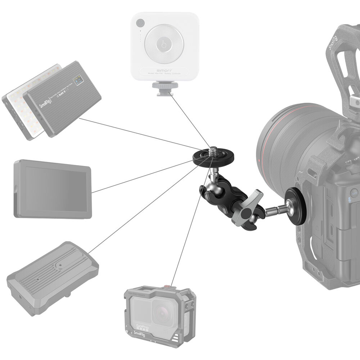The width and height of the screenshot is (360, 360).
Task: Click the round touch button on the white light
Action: pos(164,45)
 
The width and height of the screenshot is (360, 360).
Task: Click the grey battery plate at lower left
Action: pos(52,277)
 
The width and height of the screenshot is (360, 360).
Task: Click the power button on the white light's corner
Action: pos(140,23)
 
